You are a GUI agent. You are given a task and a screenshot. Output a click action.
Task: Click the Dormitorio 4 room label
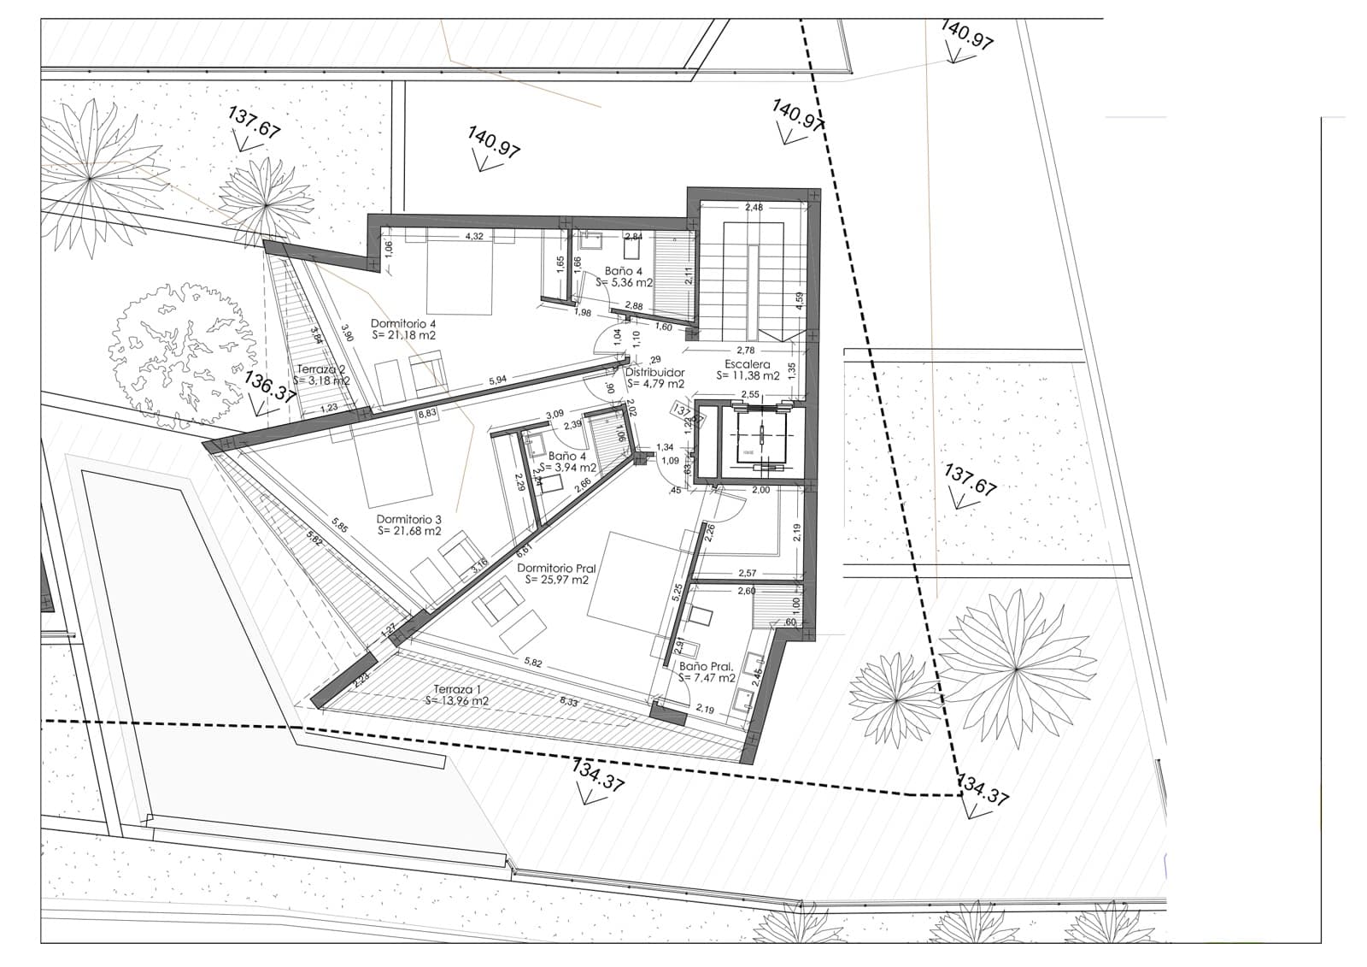403,324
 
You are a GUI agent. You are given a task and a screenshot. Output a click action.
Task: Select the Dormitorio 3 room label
408,519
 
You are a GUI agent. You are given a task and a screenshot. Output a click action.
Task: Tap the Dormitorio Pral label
556,568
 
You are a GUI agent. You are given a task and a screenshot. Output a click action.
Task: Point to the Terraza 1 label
457,689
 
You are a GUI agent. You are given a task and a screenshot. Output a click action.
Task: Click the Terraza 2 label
320,369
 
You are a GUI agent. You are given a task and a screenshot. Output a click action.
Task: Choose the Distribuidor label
654,373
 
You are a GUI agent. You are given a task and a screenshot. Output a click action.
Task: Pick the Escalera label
748,364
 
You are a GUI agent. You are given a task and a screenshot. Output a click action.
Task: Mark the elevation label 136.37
270,386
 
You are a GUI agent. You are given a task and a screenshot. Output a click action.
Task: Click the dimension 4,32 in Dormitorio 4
473,237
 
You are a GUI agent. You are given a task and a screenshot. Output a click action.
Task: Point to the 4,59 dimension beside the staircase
799,303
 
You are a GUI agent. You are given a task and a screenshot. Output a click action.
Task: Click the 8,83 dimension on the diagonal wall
426,414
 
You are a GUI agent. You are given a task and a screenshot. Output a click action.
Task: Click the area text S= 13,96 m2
456,701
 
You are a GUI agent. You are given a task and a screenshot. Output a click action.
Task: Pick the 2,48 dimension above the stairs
754,208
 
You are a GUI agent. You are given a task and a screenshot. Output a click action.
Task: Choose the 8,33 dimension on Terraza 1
568,701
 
